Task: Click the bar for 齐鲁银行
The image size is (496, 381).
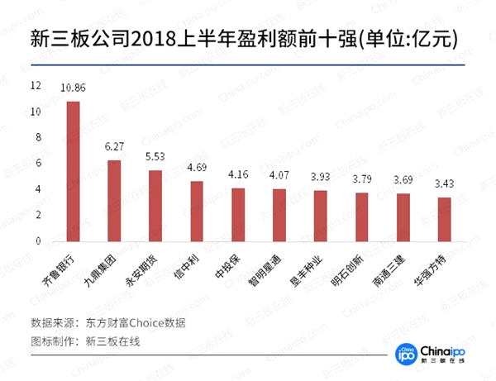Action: point(73,171)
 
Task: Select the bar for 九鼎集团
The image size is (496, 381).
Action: point(114,201)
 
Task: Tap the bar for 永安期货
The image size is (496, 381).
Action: point(155,206)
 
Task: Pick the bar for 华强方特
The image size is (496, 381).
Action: point(445,219)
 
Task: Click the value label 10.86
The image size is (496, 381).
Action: point(73,87)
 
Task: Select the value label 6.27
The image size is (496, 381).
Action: point(114,146)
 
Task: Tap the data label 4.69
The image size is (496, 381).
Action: point(197,167)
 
